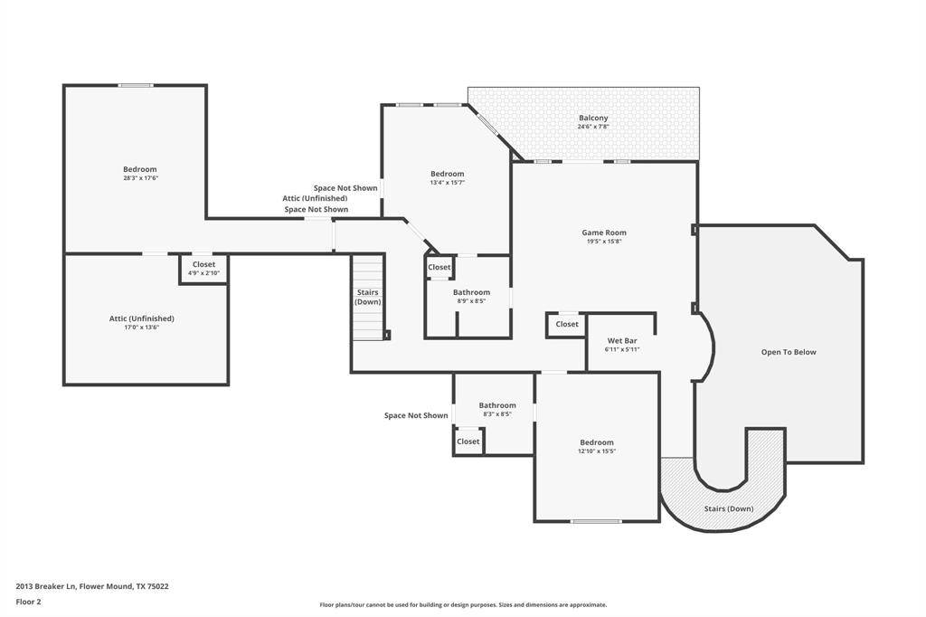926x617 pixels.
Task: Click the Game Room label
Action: coord(604,233)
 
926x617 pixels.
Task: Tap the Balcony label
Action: coord(593,118)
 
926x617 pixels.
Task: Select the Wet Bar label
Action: coord(622,341)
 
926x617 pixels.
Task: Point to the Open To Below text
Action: coord(789,352)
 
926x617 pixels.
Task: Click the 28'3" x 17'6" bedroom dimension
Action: coord(140,178)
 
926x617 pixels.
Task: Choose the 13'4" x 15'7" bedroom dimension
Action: coord(447,183)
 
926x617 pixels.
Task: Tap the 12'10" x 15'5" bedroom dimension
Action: coord(597,451)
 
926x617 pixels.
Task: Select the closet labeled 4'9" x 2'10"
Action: coord(203,269)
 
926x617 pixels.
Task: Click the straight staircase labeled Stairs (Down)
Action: coord(369,298)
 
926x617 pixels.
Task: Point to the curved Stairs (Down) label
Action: coord(729,508)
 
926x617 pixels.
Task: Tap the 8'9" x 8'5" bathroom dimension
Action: coord(471,301)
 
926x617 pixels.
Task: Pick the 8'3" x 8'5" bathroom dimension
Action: coord(497,414)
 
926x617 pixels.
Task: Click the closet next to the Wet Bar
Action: coord(566,325)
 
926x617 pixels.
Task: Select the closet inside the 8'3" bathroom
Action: coord(468,441)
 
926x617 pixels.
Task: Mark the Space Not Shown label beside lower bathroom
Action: coord(416,415)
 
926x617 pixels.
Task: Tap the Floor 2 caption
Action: coord(28,603)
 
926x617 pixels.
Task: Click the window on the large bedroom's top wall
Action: coord(136,86)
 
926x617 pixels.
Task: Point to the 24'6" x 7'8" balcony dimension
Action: coord(593,127)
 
